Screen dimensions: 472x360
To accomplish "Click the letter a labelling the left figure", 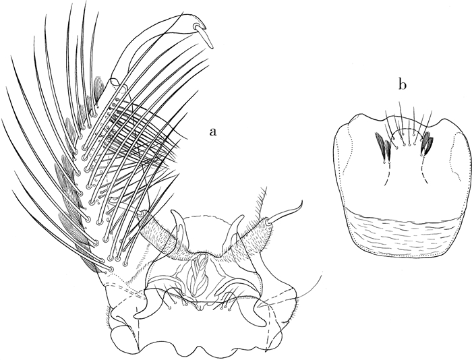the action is (x=214, y=132).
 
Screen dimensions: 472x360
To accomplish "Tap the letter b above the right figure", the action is (x=402, y=84).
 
